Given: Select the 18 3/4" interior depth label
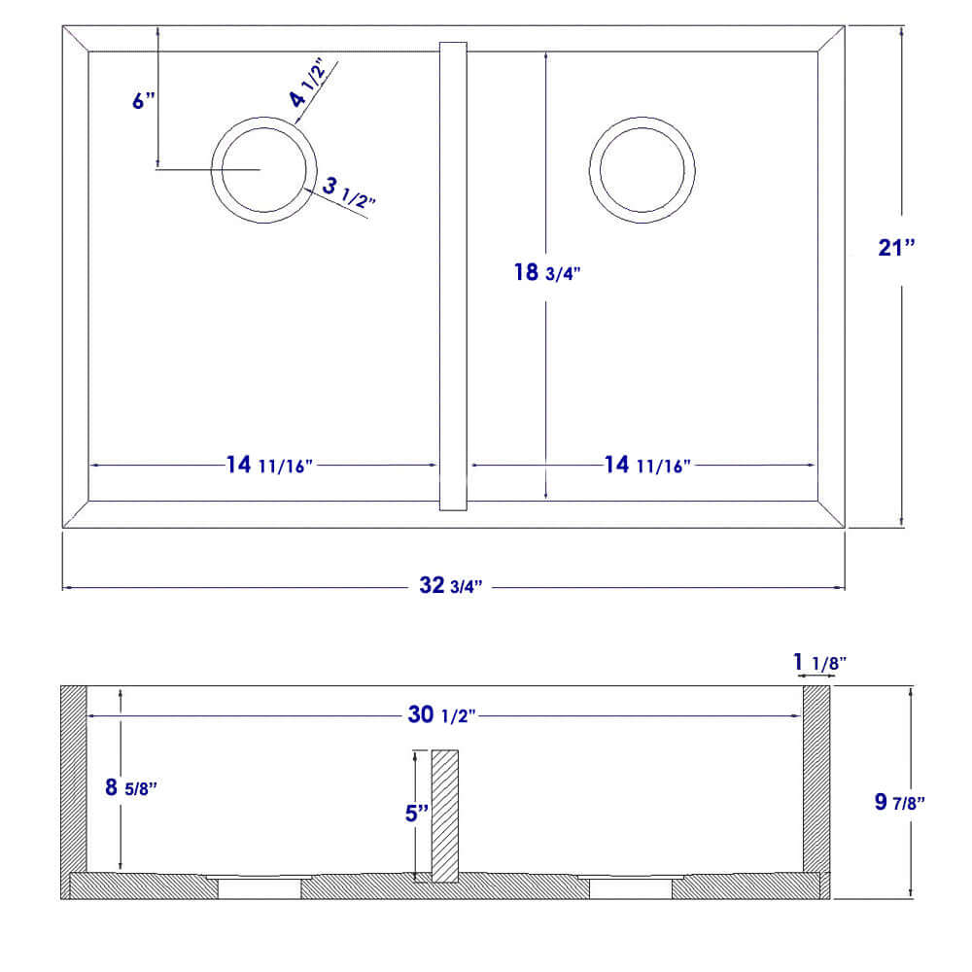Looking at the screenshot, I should (547, 273).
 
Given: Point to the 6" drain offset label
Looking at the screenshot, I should (144, 100).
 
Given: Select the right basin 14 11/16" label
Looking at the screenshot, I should (646, 466).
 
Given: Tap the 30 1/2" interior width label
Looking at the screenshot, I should (441, 716).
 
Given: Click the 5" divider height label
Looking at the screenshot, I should (416, 813).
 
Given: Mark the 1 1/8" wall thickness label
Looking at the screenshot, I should (819, 663).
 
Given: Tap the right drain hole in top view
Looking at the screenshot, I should (642, 168).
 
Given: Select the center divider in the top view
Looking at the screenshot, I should (454, 275).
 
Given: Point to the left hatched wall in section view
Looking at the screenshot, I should (74, 778).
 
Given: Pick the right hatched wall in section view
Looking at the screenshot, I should (816, 778).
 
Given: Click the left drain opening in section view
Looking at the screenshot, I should (259, 886).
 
